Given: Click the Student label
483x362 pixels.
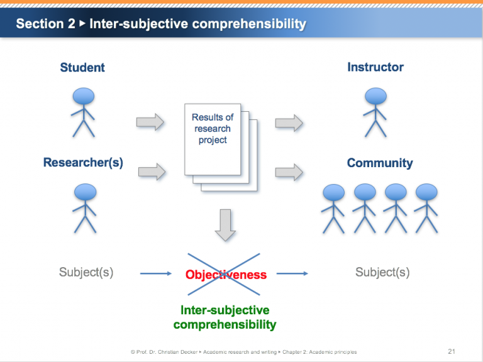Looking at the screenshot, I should pyautogui.click(x=82, y=67).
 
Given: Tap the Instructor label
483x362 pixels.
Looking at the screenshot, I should pyautogui.click(x=375, y=67).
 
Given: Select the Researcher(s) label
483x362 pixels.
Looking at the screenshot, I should pyautogui.click(x=83, y=163).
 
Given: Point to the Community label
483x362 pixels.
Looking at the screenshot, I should pyautogui.click(x=380, y=163).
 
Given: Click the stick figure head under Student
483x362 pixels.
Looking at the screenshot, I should pyautogui.click(x=84, y=96).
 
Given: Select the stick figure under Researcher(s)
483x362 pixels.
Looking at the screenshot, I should pyautogui.click(x=84, y=207).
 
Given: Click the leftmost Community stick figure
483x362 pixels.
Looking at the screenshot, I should pyautogui.click(x=333, y=208).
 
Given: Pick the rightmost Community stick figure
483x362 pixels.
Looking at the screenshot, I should pyautogui.click(x=426, y=208).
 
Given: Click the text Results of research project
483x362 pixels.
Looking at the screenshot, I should pyautogui.click(x=213, y=129).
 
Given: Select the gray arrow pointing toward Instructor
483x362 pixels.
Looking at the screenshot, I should pyautogui.click(x=289, y=123).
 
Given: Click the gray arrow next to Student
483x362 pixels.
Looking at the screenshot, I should pyautogui.click(x=150, y=123).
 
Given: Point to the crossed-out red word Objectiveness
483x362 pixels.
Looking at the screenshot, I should pyautogui.click(x=226, y=275).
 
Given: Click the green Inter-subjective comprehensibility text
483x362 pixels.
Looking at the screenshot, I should pyautogui.click(x=225, y=317).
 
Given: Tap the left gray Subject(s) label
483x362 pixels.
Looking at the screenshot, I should pyautogui.click(x=86, y=273).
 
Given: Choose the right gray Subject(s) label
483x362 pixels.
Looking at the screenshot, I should pyautogui.click(x=382, y=273).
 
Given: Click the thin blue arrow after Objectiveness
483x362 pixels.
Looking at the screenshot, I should pyautogui.click(x=292, y=273).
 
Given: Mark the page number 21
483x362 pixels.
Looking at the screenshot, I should pyautogui.click(x=452, y=351).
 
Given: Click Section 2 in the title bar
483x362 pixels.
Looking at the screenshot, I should pyautogui.click(x=45, y=24).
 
